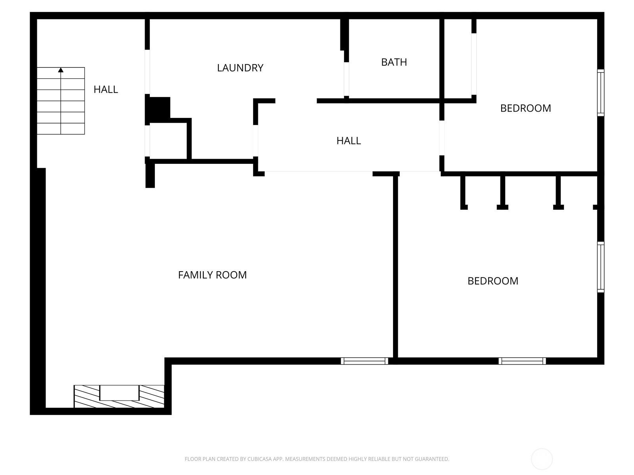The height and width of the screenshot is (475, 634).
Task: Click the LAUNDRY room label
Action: (x=240, y=68)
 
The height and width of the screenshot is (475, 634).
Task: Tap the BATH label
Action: (x=394, y=62)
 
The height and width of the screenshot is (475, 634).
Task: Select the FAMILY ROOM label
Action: (x=212, y=275)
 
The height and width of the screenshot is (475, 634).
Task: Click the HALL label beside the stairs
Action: (x=106, y=89)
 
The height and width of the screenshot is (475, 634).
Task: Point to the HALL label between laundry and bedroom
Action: (x=349, y=141)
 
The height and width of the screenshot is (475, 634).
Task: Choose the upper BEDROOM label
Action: (x=525, y=108)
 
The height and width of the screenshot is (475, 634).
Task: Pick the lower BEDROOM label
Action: (x=493, y=281)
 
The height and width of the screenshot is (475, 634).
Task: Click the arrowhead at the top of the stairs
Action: (x=61, y=70)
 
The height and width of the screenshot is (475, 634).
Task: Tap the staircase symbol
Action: (x=61, y=101)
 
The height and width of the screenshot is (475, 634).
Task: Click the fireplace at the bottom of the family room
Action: (x=119, y=396)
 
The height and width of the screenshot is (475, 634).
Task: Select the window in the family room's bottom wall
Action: (x=364, y=361)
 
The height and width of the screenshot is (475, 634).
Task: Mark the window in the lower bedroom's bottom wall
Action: (x=522, y=361)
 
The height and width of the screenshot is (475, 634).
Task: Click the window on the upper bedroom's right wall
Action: (x=600, y=93)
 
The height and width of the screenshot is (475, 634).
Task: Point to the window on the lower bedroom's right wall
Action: (x=600, y=267)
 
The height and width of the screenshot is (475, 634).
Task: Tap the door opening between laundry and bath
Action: (x=346, y=79)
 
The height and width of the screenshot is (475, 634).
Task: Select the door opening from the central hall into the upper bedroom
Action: (x=442, y=138)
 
